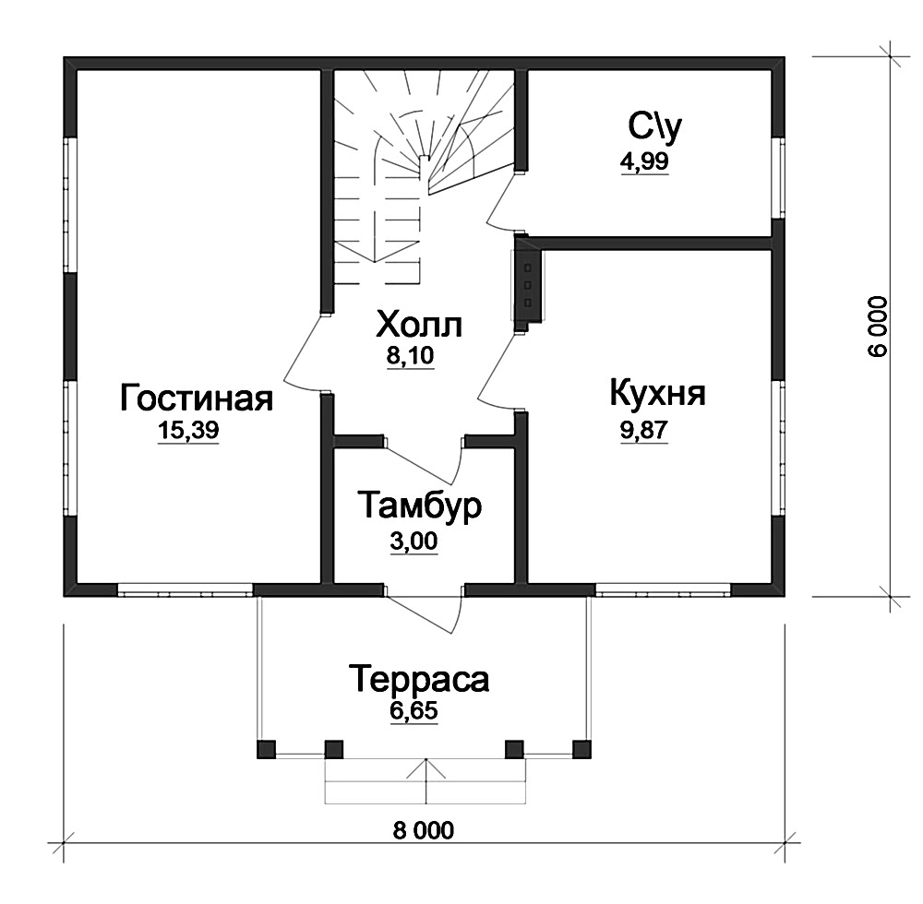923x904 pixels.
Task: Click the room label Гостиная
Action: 197,398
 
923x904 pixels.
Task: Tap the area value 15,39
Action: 188,431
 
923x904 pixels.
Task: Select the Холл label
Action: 419,325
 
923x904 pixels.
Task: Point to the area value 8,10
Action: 411,356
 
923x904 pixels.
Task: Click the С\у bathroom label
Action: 654,126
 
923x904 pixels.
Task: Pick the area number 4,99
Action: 644,161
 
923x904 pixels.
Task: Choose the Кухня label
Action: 657,394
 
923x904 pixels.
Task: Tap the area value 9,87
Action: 644,431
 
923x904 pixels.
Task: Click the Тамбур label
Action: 420,506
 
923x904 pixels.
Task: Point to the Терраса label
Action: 419,679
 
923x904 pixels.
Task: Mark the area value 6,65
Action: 414,711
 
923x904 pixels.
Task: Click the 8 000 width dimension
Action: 424,830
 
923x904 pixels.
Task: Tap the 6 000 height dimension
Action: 877,327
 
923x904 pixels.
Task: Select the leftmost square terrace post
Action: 266,749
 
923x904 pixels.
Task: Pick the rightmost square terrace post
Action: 581,749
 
